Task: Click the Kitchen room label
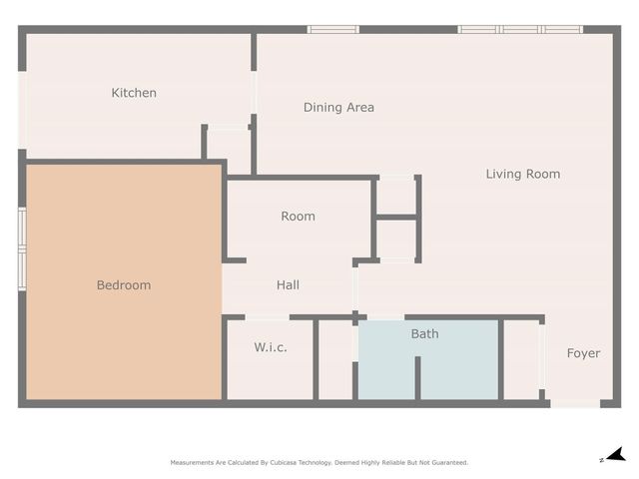[134, 93]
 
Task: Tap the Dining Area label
[338, 107]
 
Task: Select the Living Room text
[522, 174]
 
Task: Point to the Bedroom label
[124, 285]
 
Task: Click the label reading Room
[298, 216]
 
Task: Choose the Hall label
[288, 284]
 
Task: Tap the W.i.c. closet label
[271, 347]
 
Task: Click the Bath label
[424, 333]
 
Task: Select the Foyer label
[583, 353]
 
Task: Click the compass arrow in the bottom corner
[615, 455]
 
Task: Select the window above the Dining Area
[332, 29]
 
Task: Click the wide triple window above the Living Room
[519, 29]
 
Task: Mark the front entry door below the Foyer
[575, 403]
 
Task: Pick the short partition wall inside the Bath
[417, 377]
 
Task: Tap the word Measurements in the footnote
[191, 463]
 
